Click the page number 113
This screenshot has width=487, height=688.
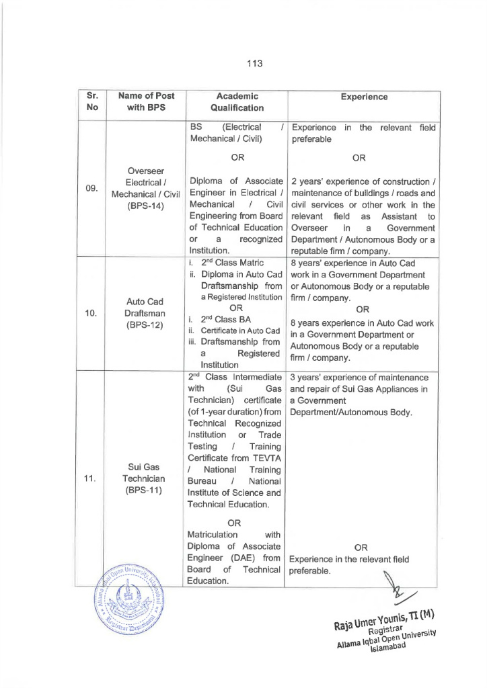point(254,64)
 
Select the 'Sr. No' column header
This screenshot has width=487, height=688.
point(93,102)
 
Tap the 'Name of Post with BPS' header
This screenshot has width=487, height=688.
point(146,102)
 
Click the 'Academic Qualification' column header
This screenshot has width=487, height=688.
point(237,102)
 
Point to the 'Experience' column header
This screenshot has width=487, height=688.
point(363,97)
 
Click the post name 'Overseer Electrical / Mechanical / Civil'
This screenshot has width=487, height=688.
point(146,183)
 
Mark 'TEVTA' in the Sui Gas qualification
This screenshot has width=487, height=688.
point(264,458)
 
